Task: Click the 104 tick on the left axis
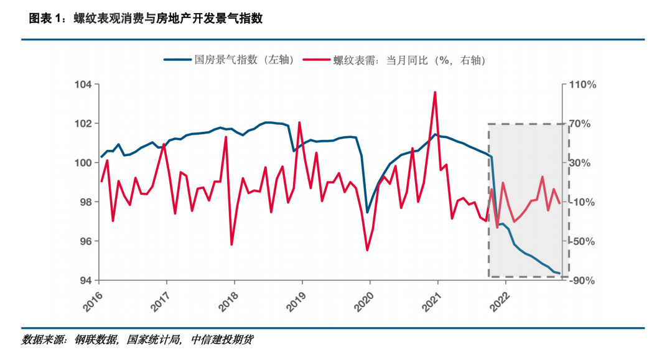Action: point(83,85)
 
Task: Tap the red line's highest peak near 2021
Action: point(435,92)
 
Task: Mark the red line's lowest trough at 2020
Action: point(367,250)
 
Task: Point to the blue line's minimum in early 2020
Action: point(367,212)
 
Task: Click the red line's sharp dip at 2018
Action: point(231,244)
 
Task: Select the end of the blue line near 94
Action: point(559,273)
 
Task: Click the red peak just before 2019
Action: point(299,122)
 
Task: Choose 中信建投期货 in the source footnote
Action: point(222,340)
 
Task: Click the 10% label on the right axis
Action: point(580,202)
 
